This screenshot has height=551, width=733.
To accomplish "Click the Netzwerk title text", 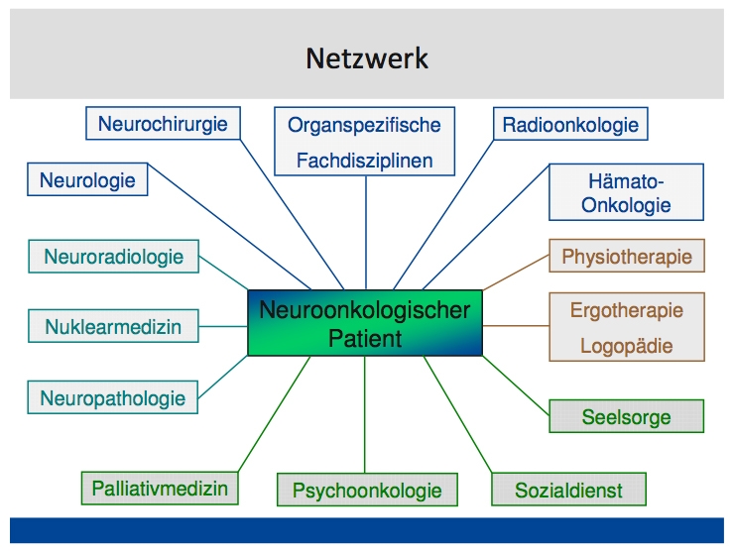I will (x=366, y=57).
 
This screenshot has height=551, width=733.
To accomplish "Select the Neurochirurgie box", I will (x=163, y=124).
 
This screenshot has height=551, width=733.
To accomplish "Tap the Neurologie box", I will (x=87, y=180).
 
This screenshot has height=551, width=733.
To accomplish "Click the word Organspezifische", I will (x=364, y=126).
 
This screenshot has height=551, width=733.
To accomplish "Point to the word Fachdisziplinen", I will (x=364, y=159).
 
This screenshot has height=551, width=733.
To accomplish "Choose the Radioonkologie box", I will (x=570, y=126).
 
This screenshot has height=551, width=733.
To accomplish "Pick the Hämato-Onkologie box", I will (x=626, y=192).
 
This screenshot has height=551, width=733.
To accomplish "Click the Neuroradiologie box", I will (x=113, y=257).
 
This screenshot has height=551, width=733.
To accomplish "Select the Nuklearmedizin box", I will (x=113, y=325).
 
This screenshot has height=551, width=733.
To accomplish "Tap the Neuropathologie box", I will (x=113, y=398).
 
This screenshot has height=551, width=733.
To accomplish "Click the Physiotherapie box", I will (x=627, y=257).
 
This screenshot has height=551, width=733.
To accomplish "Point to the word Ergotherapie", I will (x=627, y=310).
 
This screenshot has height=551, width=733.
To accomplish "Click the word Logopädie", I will (x=627, y=346).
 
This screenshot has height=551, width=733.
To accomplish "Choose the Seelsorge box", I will (x=627, y=417).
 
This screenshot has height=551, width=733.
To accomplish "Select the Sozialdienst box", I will (x=568, y=490).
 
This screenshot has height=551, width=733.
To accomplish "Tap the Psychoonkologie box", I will (x=367, y=490).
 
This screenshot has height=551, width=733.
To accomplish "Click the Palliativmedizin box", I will (x=160, y=488).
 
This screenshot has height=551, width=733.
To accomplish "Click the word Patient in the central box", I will (x=365, y=338).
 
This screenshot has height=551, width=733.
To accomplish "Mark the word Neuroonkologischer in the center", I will (x=365, y=310).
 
